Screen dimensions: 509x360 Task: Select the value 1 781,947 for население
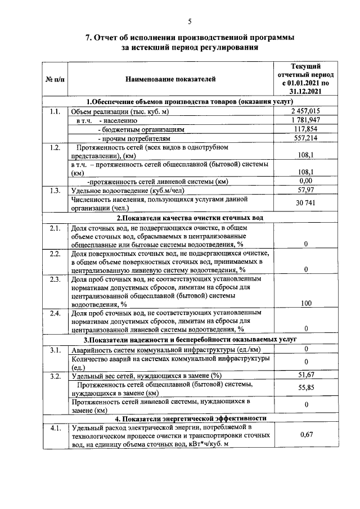305,120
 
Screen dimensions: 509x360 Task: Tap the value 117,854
305,129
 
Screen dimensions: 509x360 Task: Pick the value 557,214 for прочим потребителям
305,137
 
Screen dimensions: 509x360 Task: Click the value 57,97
305,190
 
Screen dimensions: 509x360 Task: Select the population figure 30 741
305,203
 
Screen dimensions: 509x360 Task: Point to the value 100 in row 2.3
305,303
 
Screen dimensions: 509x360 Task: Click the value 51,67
305,375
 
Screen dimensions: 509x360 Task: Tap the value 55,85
305,388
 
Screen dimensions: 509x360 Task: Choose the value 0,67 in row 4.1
305,434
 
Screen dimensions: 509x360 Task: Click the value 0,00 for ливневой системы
305,181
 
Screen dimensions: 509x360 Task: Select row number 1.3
55,190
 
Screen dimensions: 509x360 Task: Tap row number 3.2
55,375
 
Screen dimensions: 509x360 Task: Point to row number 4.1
55,429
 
